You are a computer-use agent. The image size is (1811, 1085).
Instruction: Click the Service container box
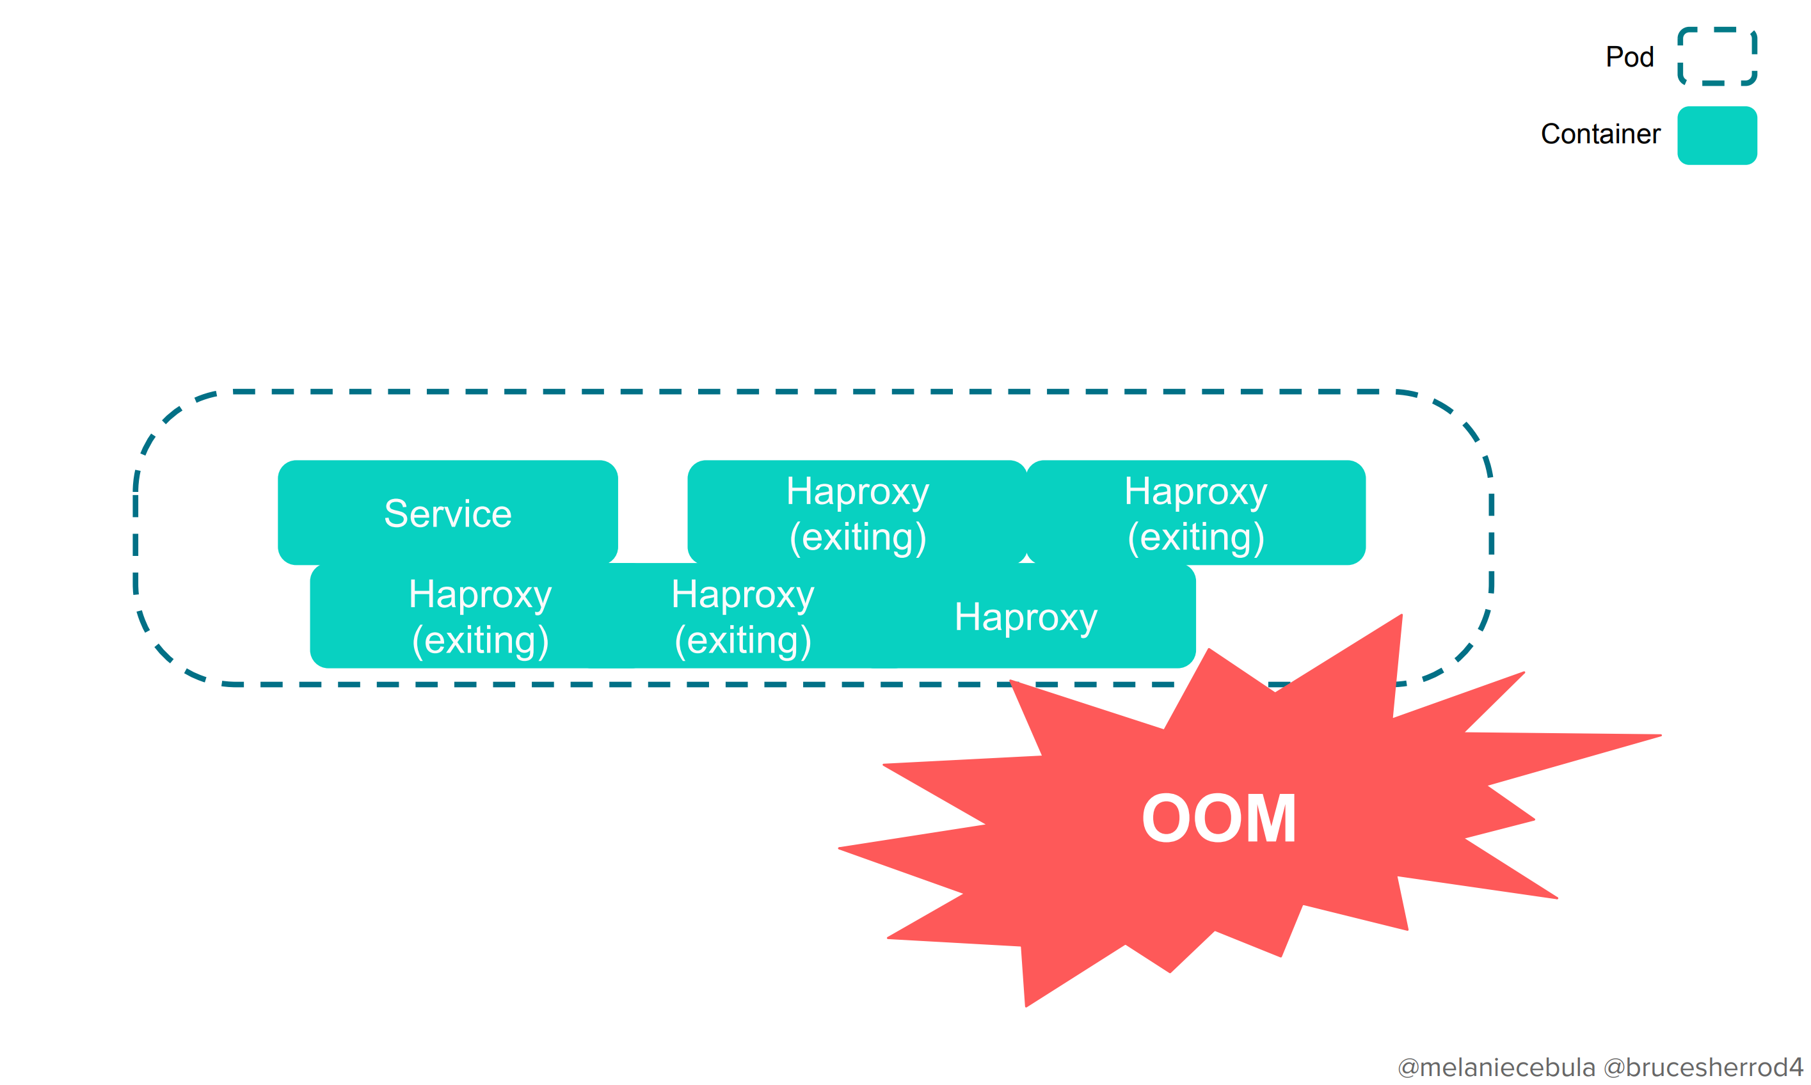point(447,512)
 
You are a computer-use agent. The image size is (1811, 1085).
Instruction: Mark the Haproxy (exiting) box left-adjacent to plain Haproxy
point(742,616)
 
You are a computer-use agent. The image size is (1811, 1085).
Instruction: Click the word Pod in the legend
point(1629,57)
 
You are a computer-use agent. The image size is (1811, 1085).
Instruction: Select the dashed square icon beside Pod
point(1717,57)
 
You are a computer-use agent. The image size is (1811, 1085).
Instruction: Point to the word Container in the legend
point(1600,134)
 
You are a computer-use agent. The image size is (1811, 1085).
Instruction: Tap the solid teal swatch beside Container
point(1717,135)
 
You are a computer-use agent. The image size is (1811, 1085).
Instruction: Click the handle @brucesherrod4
point(1703,1068)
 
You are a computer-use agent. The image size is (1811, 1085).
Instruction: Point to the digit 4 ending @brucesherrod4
point(1795,1068)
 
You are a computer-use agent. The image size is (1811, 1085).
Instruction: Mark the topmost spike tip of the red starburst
point(1401,615)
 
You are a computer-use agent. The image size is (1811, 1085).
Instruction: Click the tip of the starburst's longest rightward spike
point(1660,736)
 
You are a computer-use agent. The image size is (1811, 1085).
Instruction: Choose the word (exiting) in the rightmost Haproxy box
point(1195,537)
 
